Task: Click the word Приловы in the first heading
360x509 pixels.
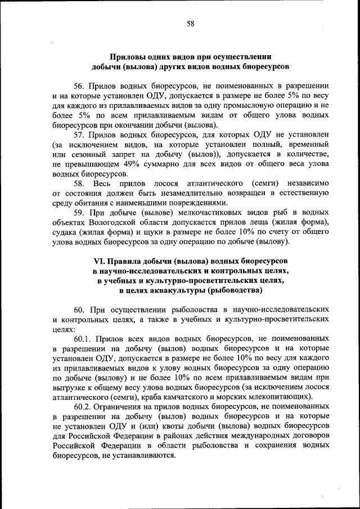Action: pos(127,57)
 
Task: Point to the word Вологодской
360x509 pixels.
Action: pos(109,223)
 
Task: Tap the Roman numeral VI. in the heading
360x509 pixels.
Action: pos(99,262)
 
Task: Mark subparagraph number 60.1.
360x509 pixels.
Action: pos(83,339)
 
